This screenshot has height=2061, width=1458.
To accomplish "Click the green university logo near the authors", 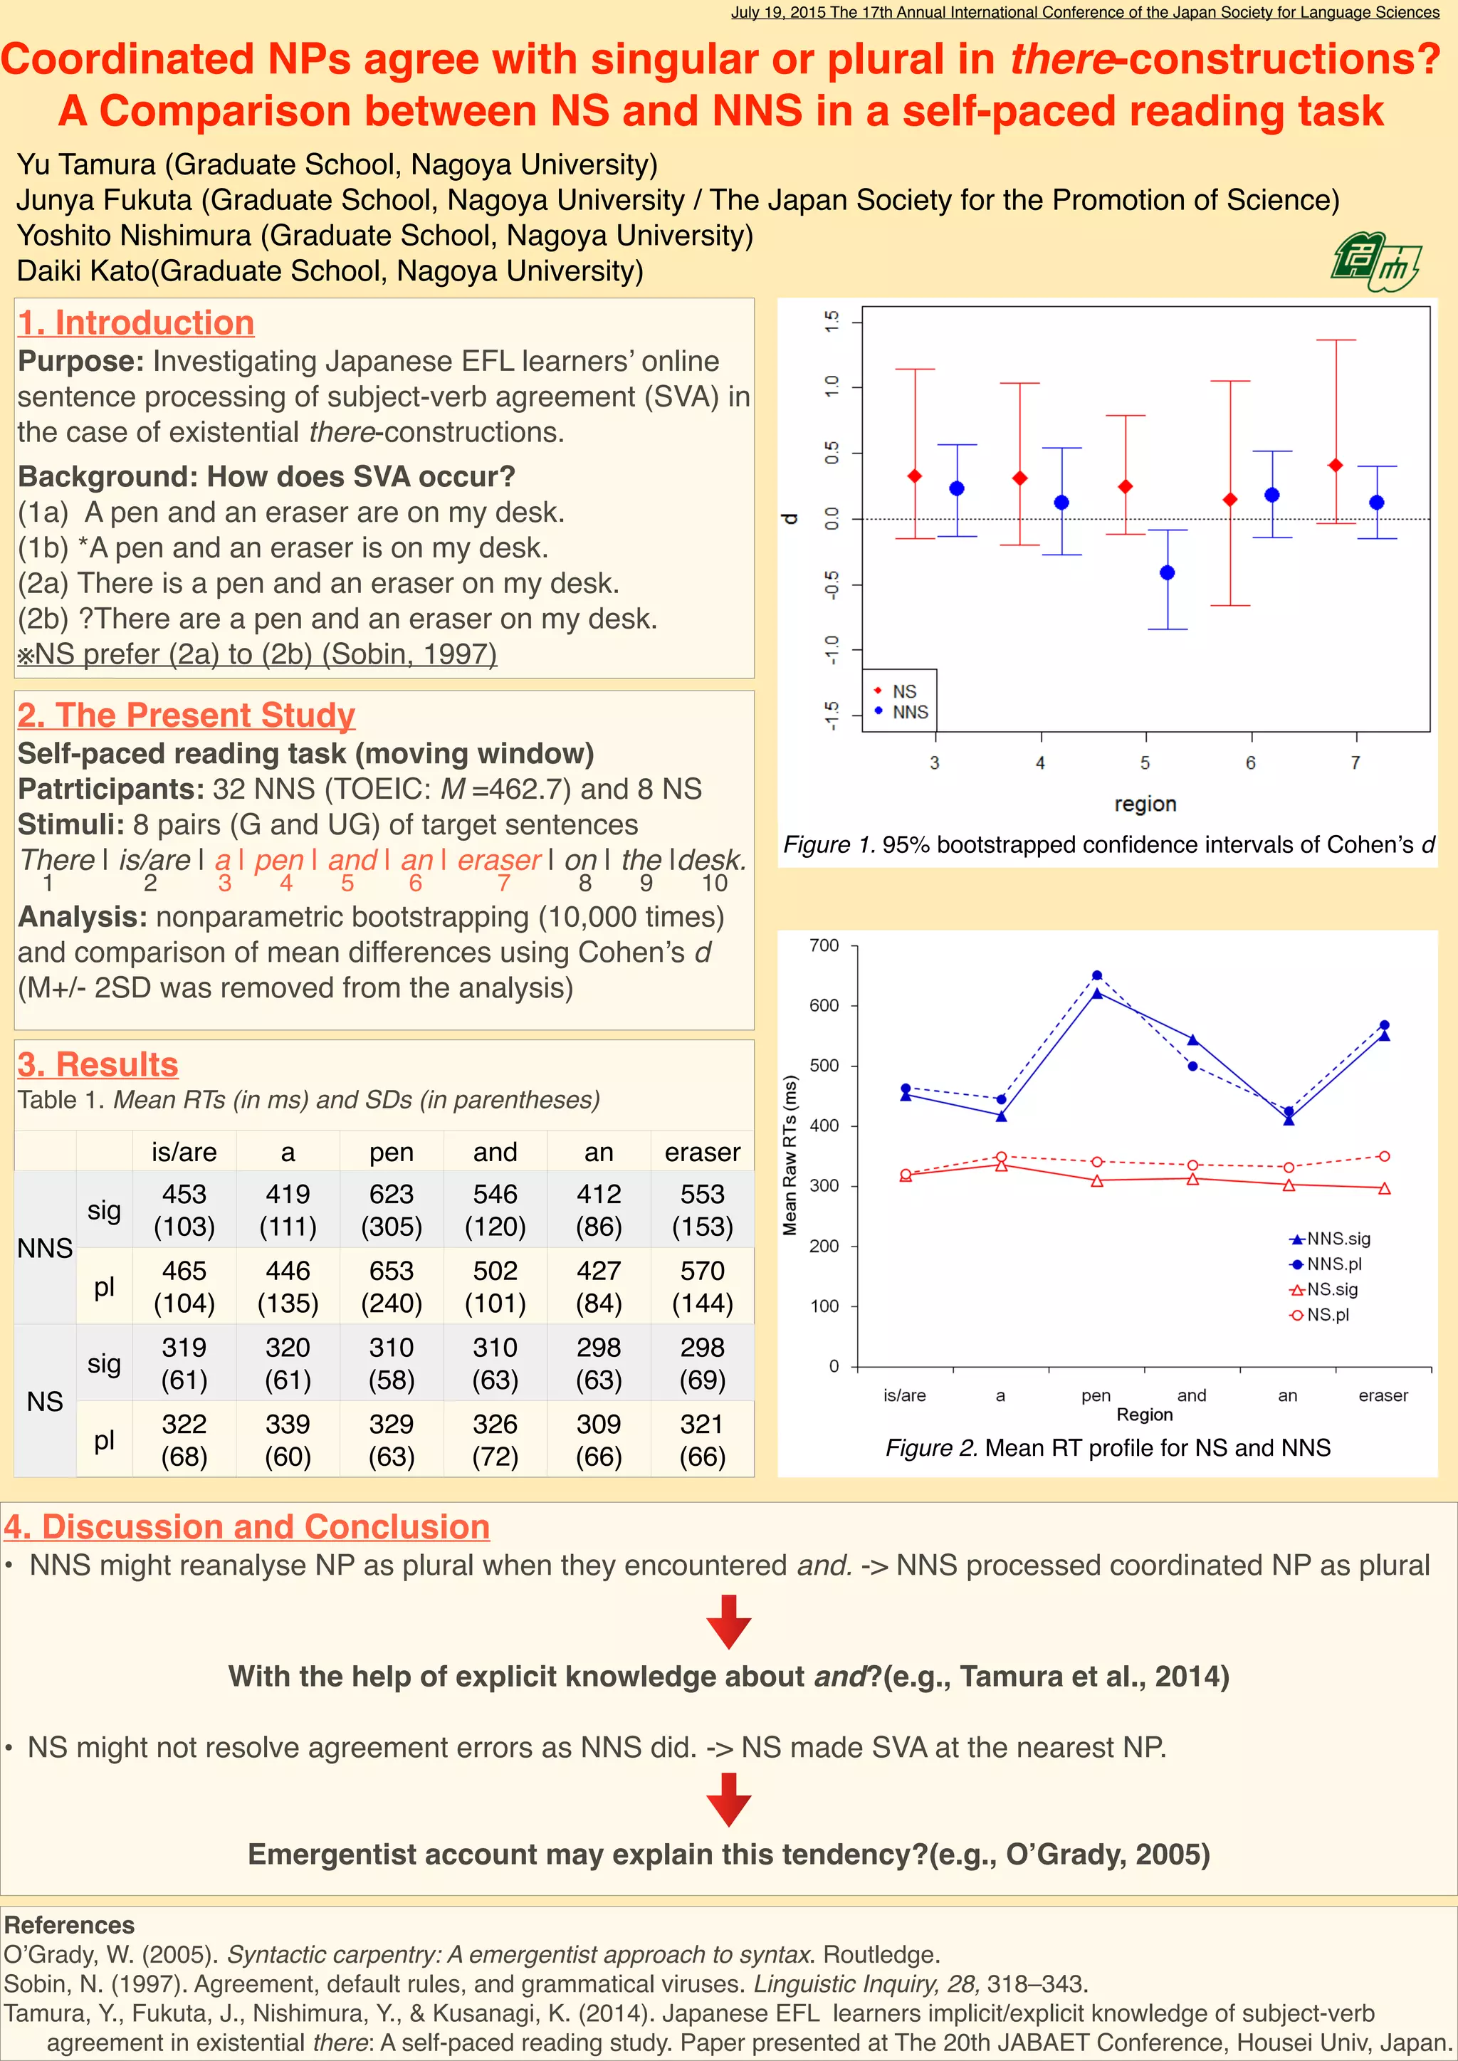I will pos(1375,261).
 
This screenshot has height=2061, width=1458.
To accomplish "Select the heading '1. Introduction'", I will pos(135,323).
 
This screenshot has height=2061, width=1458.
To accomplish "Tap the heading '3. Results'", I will pos(98,1064).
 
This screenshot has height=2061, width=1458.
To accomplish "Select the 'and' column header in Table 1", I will pos(495,1152).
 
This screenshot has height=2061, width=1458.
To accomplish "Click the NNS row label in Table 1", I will pos(45,1248).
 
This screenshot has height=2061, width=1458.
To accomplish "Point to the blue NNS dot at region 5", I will pos(1167,572).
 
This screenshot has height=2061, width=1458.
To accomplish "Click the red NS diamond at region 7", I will pos(1336,465).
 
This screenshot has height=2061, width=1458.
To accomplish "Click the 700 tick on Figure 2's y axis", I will pos(824,945).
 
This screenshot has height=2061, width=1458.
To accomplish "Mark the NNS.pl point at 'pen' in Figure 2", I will pos(1097,976).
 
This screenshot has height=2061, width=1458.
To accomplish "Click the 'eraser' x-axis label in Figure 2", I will pos(1383,1395).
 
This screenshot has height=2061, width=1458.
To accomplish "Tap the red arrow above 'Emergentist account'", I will pos(729,1799).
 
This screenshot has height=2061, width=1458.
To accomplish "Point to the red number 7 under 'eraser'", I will pos(503,883).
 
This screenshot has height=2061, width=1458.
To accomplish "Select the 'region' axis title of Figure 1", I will pos(1145,803).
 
